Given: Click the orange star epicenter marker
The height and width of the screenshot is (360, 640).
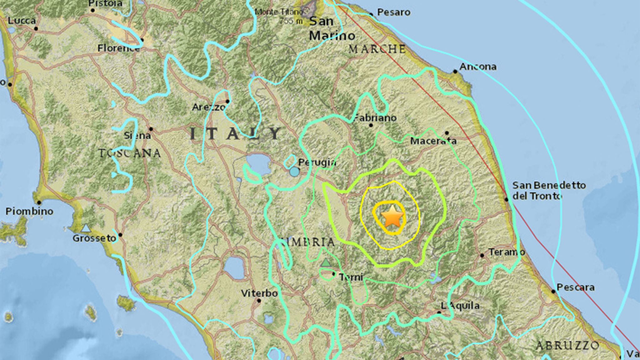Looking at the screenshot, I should [x=392, y=216].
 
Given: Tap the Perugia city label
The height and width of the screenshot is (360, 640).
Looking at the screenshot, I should [x=317, y=162].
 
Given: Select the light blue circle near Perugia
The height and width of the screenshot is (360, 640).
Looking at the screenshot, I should [x=294, y=172].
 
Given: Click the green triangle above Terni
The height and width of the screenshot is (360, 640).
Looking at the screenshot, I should [x=326, y=262].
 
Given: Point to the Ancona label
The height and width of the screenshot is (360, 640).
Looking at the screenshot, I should [x=478, y=67].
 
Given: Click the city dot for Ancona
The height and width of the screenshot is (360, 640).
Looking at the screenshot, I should [x=455, y=72].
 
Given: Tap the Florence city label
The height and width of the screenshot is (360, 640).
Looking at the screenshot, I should [x=118, y=48].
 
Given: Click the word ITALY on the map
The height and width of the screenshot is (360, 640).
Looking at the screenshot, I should [x=236, y=134].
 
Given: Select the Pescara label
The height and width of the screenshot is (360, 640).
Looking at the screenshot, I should [x=575, y=287].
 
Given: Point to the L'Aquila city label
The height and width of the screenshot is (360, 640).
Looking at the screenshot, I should [x=460, y=305].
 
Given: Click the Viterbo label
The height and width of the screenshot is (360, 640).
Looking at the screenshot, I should [x=259, y=293].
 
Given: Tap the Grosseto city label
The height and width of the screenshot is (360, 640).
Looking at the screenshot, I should [x=94, y=238].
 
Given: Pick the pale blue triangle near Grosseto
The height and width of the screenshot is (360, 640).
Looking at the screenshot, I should [x=86, y=228].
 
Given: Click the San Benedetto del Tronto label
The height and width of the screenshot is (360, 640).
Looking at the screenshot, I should [x=548, y=191].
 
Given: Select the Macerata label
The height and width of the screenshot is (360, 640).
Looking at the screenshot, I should [x=433, y=141].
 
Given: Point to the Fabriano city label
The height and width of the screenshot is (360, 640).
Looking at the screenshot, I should [x=375, y=118].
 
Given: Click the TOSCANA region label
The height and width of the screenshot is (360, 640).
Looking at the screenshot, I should [x=130, y=153].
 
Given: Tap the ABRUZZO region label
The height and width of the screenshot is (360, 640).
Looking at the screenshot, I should [x=567, y=345].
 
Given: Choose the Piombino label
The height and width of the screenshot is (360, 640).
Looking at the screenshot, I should [x=29, y=211].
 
